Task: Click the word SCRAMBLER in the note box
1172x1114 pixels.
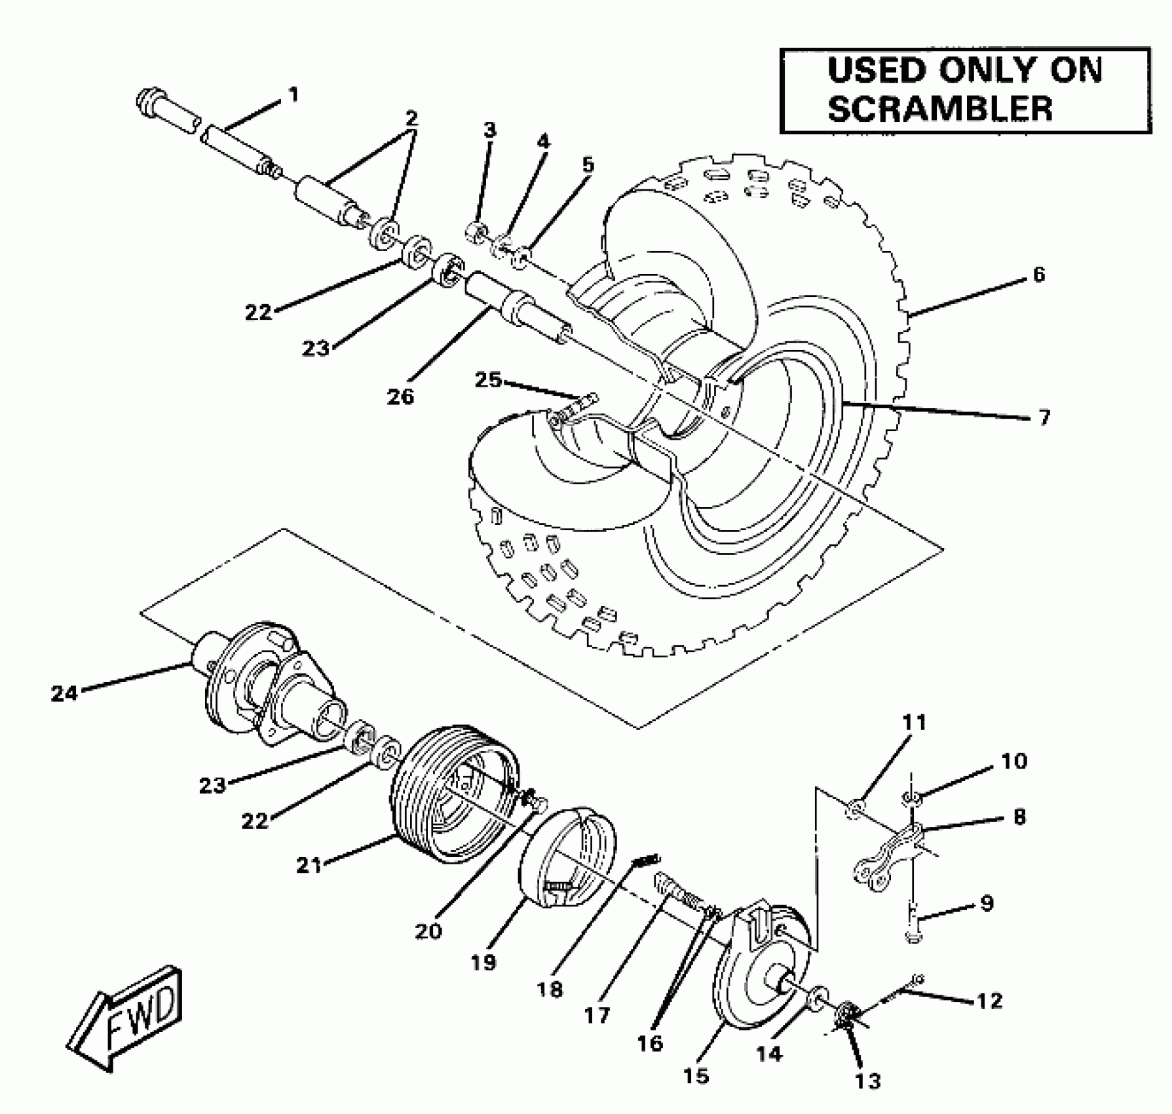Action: coord(940,108)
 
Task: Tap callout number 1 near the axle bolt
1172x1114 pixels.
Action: coord(293,95)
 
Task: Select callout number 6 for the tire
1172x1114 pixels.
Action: coord(1038,275)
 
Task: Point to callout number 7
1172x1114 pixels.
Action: coord(1044,417)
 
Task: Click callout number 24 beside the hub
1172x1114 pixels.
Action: coord(64,693)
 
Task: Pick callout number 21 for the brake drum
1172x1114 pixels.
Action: coord(309,865)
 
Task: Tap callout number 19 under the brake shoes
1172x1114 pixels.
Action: coord(483,963)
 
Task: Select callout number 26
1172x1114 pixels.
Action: coord(400,396)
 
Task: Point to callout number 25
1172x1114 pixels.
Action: coord(488,379)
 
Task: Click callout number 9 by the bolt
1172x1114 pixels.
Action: coord(987,903)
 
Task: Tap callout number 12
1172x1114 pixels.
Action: coord(989,1001)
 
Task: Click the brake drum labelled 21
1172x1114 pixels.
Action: coord(452,799)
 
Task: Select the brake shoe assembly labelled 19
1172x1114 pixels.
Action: coord(570,858)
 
